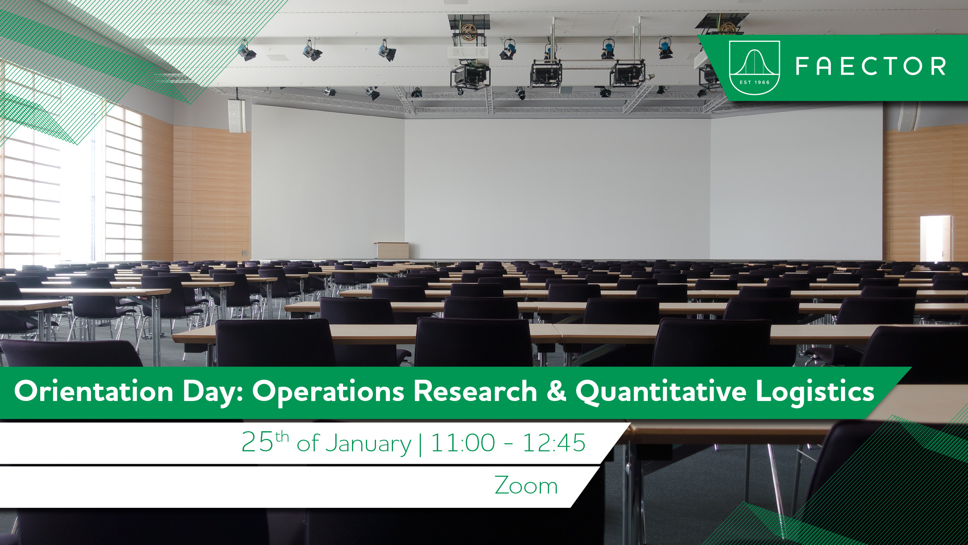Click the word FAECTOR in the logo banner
(871, 66)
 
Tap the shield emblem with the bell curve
(754, 68)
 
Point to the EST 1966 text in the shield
(754, 82)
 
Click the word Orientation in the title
(94, 391)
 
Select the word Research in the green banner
(475, 391)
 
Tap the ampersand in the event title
(556, 391)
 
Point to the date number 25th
(265, 441)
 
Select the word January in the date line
(368, 444)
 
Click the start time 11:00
(463, 442)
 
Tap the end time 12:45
(554, 442)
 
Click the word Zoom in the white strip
(526, 485)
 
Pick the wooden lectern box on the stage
(391, 250)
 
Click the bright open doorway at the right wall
(935, 238)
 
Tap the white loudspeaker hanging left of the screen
(237, 115)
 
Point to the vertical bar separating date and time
(420, 444)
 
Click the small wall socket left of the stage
(244, 253)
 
